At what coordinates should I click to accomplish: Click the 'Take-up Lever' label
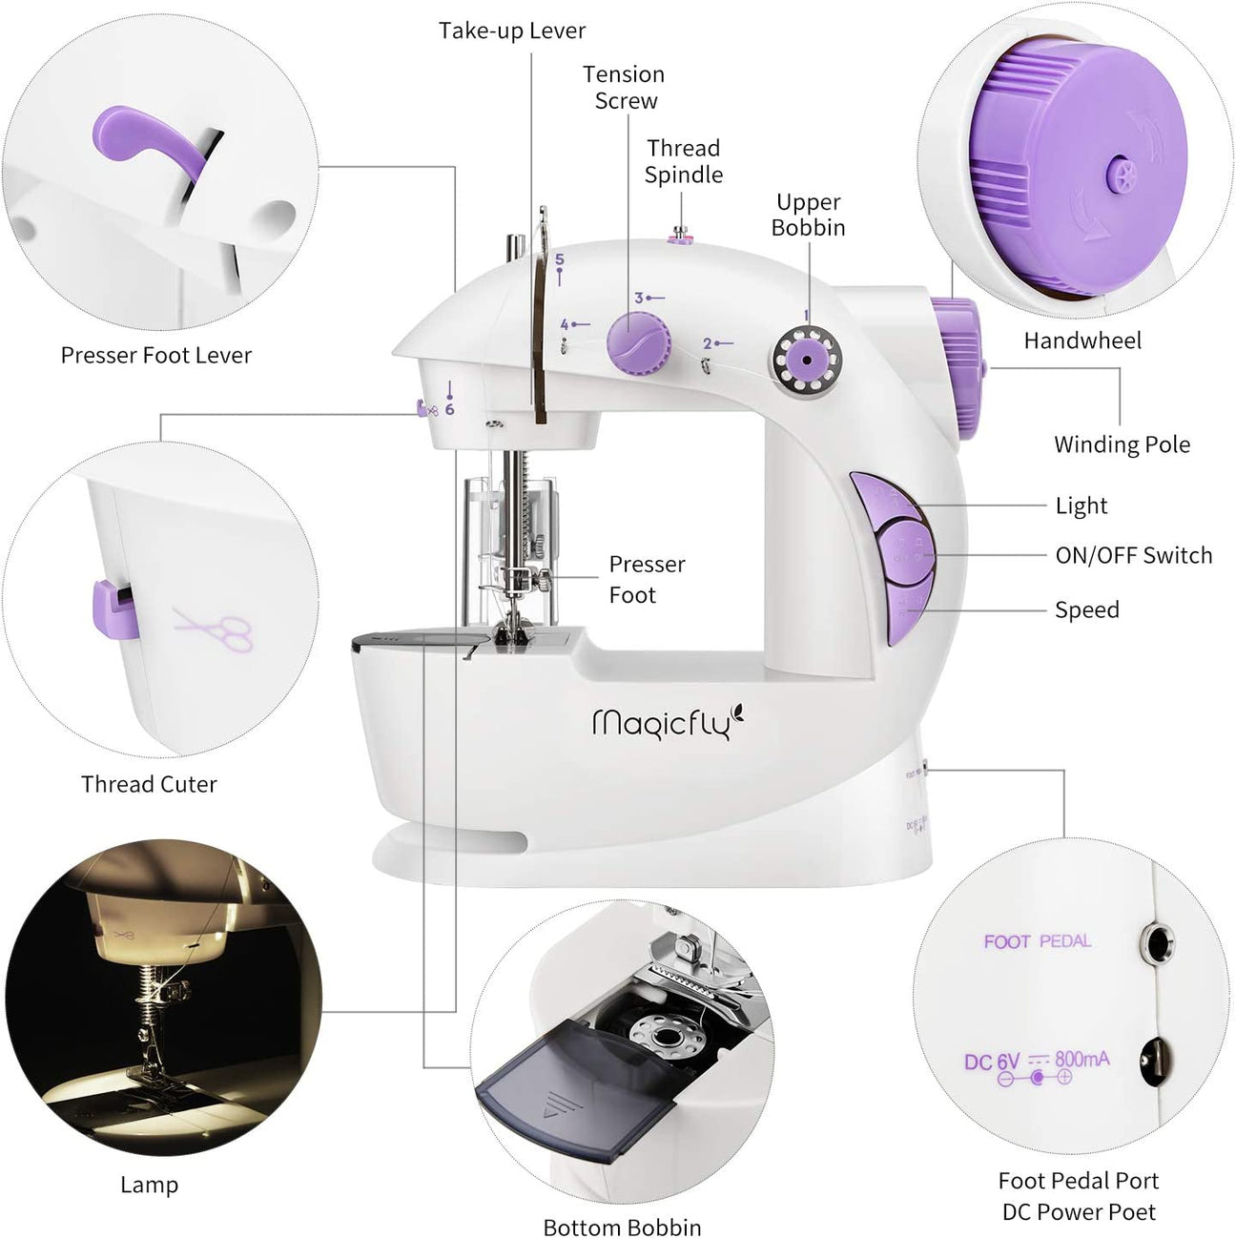click(512, 31)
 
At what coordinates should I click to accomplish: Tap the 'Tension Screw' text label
click(624, 88)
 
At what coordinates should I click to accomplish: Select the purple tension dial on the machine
click(636, 342)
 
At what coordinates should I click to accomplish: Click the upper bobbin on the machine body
click(806, 360)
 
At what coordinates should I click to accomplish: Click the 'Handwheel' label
click(1081, 340)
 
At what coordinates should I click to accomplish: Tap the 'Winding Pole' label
click(1122, 444)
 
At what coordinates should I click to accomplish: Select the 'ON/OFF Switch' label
click(1133, 555)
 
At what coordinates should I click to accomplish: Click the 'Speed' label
click(1086, 609)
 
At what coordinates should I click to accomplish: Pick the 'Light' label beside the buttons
click(1081, 506)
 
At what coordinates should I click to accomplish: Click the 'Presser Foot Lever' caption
click(156, 355)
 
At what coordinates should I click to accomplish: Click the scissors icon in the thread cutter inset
click(216, 629)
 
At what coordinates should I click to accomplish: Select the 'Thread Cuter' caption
click(149, 784)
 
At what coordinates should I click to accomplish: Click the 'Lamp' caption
click(149, 1185)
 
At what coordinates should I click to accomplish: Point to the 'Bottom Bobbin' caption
click(622, 1227)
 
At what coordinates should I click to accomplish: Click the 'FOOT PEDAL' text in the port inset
click(1037, 941)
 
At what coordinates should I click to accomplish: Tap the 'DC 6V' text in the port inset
click(992, 1062)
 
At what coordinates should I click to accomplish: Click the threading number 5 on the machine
click(560, 260)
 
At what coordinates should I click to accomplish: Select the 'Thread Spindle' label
click(683, 161)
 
